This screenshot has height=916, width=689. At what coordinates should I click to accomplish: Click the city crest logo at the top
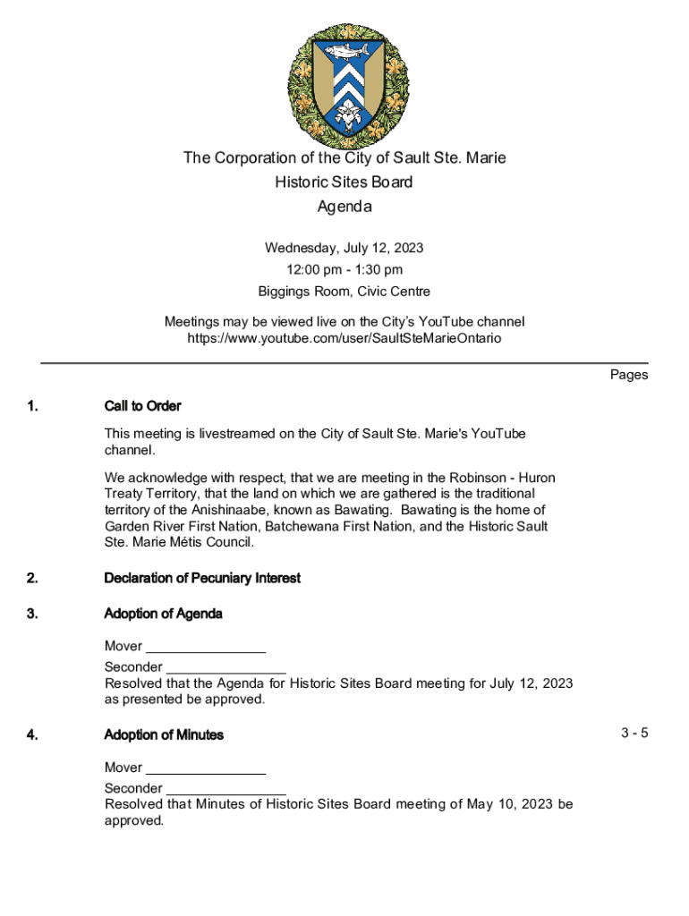[344, 85]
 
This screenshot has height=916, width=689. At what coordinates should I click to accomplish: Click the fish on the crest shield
[344, 51]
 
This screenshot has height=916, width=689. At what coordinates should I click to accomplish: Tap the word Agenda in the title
[344, 207]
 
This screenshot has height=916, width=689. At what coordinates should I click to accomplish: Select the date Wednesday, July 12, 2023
[344, 248]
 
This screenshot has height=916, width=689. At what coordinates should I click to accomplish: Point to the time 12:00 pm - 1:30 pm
[344, 269]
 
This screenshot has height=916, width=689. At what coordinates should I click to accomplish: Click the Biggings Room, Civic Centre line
[344, 292]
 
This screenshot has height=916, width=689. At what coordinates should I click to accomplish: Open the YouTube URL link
[344, 338]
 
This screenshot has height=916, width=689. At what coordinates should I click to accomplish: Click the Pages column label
[629, 375]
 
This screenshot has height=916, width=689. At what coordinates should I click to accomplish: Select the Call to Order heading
[142, 406]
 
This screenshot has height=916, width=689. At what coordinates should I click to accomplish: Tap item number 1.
[32, 406]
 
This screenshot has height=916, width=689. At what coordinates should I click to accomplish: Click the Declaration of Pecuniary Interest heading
[202, 578]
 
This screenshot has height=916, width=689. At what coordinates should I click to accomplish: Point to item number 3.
[32, 614]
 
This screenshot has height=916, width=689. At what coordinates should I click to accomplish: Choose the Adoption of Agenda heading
[164, 614]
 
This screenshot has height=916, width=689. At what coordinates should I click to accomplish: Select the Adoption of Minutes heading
[164, 735]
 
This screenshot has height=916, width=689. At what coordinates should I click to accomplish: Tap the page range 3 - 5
[634, 734]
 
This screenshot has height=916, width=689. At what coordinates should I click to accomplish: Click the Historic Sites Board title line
[344, 182]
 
